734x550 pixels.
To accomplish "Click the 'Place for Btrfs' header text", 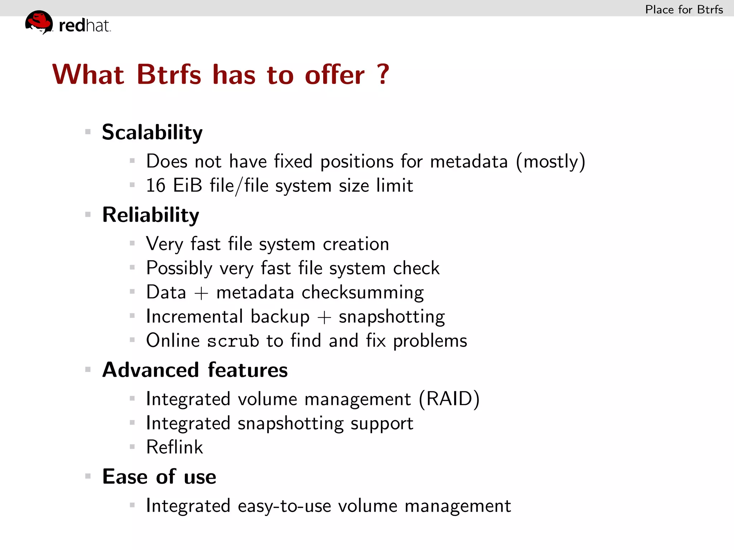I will pos(684,9).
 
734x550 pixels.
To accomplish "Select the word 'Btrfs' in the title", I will pos(169,74).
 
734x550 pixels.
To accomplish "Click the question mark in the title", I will pos(383,74).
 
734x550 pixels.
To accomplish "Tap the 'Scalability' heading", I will pos(152,132).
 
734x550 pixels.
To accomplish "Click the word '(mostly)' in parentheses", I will pos(550,162).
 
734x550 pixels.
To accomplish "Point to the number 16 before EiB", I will pos(156,185).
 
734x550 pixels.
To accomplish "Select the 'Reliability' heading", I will pos(151,215).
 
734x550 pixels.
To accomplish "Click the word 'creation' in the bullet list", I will pos(356,244).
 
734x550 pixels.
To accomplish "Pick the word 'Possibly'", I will pos(179,268).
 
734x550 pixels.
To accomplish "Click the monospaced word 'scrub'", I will pos(233,341).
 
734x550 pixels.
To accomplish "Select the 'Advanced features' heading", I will pos(195,370).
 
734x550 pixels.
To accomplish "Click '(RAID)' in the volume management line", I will pos(449,399).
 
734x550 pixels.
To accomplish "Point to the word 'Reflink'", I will pos(175,447).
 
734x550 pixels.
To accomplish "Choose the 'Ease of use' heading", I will pos(159,477).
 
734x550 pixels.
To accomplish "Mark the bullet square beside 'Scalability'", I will pos(88,132).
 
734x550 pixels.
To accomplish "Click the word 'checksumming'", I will pos(362,293).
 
